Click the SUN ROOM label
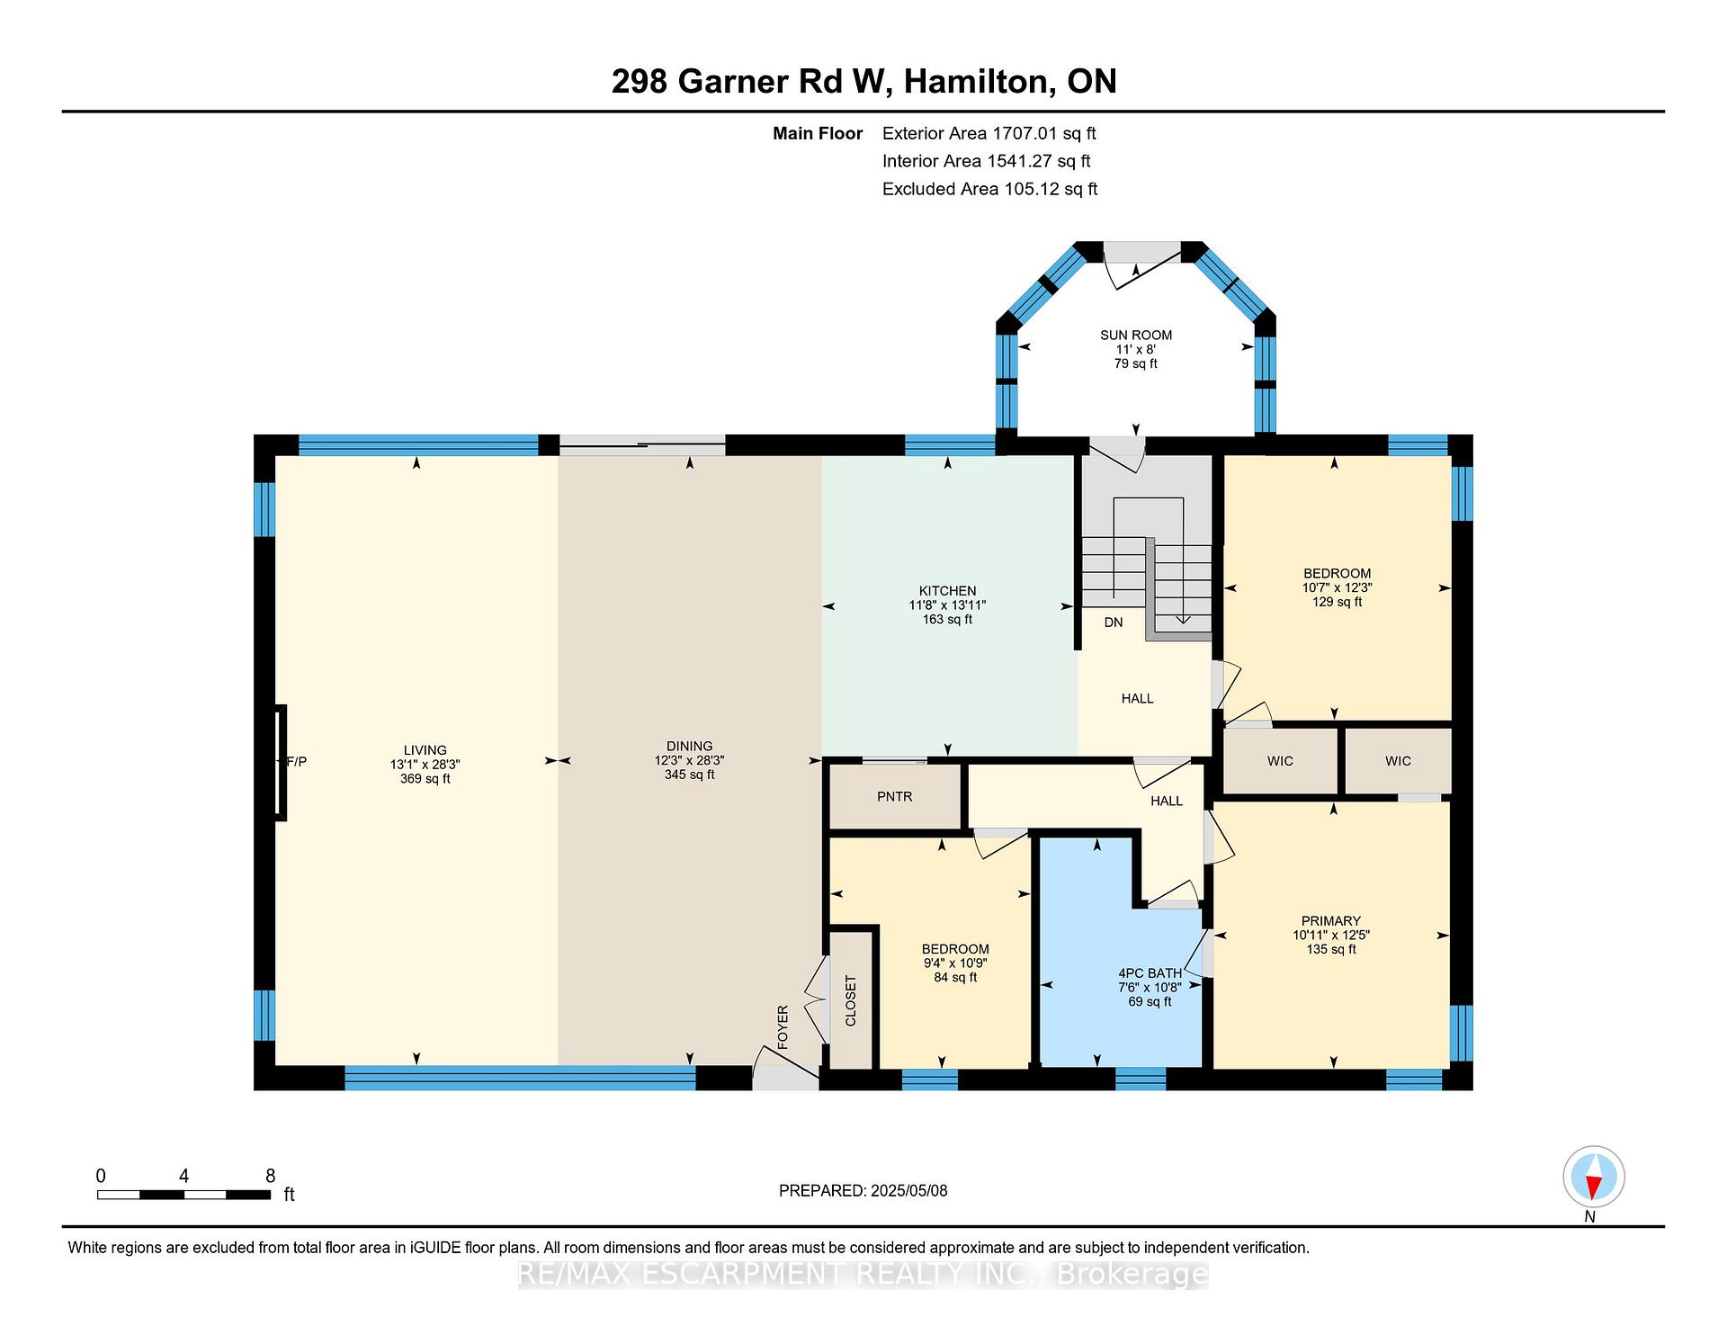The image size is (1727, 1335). coord(1136,335)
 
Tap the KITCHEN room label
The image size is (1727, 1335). coord(947,591)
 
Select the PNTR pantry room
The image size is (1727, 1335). coord(895,796)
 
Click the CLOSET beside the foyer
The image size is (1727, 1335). coord(851,1000)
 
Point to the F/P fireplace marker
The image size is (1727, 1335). coord(295,762)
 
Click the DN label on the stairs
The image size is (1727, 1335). coord(1114,622)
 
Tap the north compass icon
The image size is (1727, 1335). coord(1593,1177)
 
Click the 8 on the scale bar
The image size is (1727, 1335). coord(270,1176)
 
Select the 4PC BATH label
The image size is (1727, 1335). coord(1150,972)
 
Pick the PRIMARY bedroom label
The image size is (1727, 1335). coord(1331,920)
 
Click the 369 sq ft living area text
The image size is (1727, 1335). coord(425,778)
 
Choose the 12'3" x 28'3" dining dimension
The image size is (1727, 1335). coord(690,760)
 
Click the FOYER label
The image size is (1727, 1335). coord(783,1027)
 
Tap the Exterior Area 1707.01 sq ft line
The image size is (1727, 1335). coord(989,134)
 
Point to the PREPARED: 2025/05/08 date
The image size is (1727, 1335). coord(863,1190)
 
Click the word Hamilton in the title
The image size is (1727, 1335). coord(979,82)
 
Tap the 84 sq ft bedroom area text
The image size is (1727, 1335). coord(955,977)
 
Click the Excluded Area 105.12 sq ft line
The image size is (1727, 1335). coord(989,189)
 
